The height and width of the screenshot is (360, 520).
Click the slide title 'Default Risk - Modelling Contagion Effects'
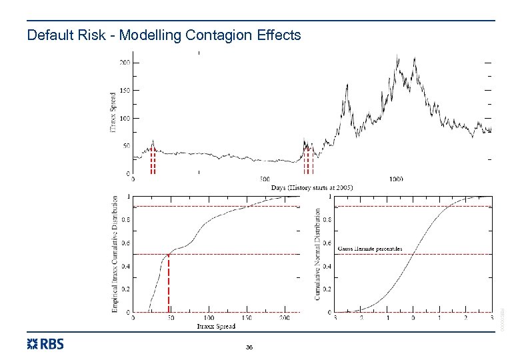coord(164,35)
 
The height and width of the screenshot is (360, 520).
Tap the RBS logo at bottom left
coord(45,344)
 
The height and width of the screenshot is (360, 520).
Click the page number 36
coord(249,347)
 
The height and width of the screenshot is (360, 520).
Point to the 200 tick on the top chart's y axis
coord(125,63)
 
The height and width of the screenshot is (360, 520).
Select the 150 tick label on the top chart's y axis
coord(125,90)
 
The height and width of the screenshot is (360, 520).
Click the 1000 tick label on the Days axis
coord(396,179)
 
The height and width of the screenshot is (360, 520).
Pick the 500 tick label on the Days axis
coord(264,179)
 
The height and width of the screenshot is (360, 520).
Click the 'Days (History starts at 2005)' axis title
coord(312,188)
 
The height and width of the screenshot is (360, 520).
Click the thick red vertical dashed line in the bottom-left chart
coord(169,283)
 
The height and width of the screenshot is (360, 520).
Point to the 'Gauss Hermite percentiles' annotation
coord(371,248)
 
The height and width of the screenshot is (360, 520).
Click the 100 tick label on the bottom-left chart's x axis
coord(209,318)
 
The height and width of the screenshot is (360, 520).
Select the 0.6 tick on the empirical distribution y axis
coord(125,242)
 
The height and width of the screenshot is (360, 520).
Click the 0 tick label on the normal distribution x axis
coord(413,318)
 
